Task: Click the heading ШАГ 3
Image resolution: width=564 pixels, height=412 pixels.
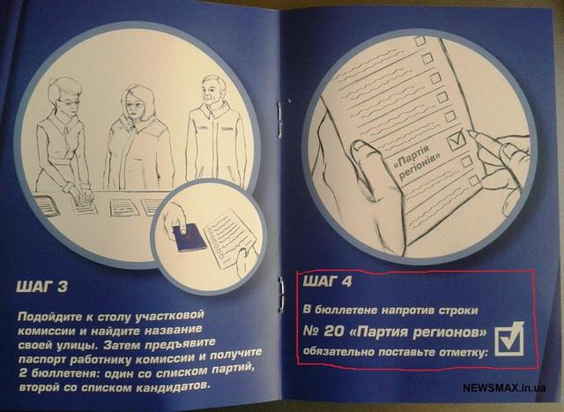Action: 41,287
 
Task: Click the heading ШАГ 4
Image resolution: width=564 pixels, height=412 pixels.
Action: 327,281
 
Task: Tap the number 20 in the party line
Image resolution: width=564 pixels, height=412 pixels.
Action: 333,332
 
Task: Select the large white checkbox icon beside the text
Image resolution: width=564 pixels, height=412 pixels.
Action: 509,339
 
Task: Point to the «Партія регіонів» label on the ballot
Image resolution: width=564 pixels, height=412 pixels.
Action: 417,162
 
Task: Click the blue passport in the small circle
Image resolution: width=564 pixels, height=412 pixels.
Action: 189,237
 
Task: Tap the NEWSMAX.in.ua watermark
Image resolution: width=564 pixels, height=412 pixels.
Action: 504,388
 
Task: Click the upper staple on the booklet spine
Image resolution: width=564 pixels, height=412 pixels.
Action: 279,116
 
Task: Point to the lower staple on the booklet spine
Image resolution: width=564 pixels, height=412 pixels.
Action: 282,295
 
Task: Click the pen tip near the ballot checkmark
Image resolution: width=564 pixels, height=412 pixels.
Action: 471,133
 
